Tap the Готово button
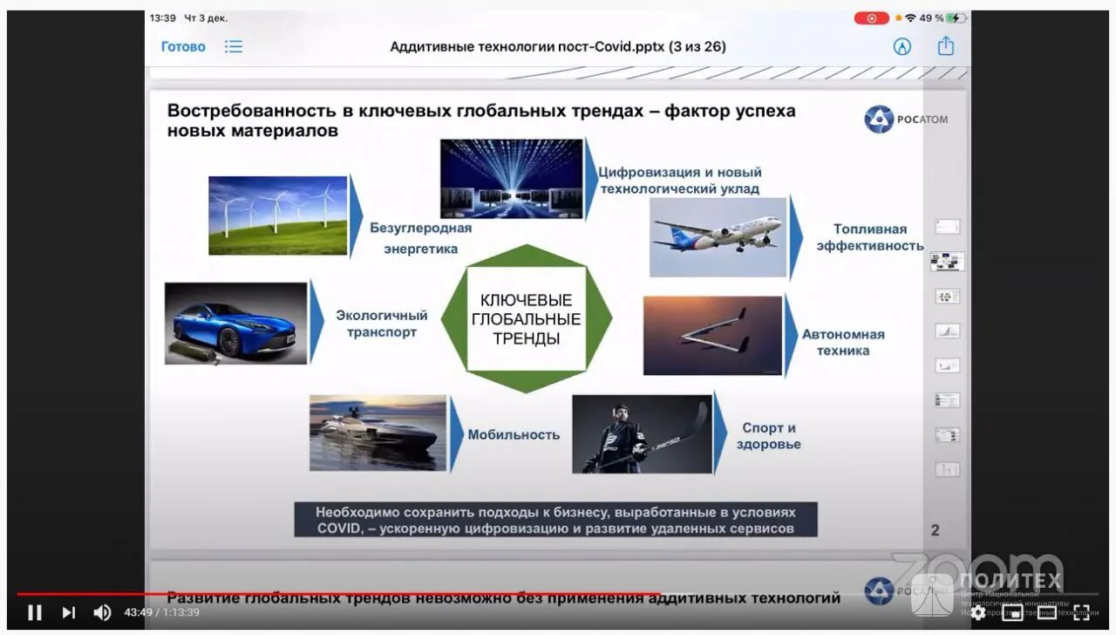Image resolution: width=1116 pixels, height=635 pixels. click(x=183, y=47)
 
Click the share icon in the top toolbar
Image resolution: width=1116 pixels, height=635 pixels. click(x=946, y=46)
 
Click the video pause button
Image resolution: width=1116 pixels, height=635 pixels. click(x=34, y=612)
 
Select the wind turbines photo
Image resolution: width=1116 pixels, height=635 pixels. click(x=277, y=215)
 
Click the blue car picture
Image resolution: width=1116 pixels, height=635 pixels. click(x=235, y=323)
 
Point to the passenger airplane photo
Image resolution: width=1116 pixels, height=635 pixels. click(x=718, y=237)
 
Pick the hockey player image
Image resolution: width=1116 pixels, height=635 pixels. click(x=641, y=434)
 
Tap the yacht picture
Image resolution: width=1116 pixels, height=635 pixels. click(x=378, y=433)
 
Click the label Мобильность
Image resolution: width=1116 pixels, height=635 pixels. click(x=514, y=434)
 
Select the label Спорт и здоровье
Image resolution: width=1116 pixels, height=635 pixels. click(x=768, y=436)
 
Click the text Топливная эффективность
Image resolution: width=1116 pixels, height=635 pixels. click(x=869, y=237)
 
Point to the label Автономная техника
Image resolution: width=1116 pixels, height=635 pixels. click(x=843, y=342)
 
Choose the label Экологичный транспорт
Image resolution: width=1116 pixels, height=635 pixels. click(x=382, y=324)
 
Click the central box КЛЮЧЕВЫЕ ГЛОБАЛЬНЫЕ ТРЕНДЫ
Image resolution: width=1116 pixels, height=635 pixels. click(x=526, y=319)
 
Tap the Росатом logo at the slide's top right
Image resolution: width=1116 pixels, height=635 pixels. click(x=906, y=119)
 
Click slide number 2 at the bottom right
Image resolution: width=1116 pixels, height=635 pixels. click(x=935, y=529)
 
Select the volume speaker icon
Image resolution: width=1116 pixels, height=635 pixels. click(x=102, y=612)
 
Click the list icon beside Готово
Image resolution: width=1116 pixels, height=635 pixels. click(x=234, y=47)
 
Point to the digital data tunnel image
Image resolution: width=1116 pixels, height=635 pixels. click(x=511, y=179)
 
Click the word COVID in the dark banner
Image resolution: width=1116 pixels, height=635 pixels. click(x=336, y=529)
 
